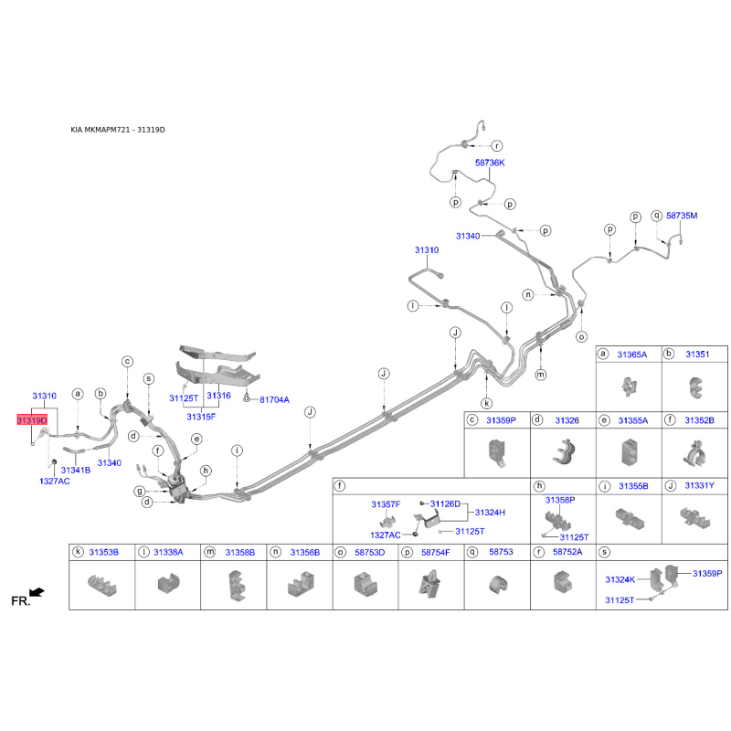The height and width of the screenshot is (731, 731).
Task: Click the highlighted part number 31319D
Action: tap(31, 419)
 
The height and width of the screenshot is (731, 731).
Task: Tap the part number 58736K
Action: tap(489, 162)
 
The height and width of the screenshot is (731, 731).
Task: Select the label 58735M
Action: tap(682, 216)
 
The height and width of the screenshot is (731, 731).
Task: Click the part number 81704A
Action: tap(274, 399)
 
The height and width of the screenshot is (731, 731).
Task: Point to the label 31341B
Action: tap(76, 470)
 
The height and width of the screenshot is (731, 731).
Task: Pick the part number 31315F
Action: tap(201, 417)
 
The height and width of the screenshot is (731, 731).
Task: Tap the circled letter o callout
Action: tap(581, 337)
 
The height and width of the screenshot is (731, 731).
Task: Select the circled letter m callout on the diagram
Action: tap(541, 375)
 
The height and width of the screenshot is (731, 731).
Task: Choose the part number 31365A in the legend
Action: tap(632, 354)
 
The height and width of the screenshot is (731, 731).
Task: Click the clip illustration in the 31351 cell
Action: tap(694, 389)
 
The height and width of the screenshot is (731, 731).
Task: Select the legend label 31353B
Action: tap(103, 552)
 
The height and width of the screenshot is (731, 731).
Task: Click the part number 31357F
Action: tap(386, 504)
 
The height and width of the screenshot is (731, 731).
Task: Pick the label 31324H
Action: tap(490, 513)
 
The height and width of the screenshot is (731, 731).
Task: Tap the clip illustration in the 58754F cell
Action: tap(430, 585)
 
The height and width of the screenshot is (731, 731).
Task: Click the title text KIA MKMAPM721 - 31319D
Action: tap(118, 130)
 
